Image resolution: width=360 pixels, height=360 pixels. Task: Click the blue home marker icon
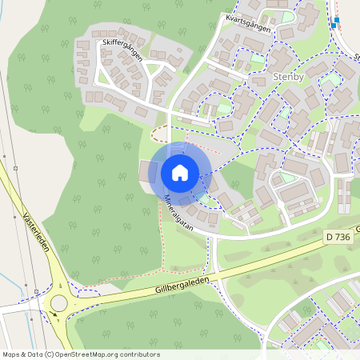180,172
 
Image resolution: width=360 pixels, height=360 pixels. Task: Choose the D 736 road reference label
339,238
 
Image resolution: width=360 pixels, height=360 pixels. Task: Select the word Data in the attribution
34,354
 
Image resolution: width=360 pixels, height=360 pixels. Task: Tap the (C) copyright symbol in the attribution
50,354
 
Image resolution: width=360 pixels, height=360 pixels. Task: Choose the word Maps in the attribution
11,354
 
